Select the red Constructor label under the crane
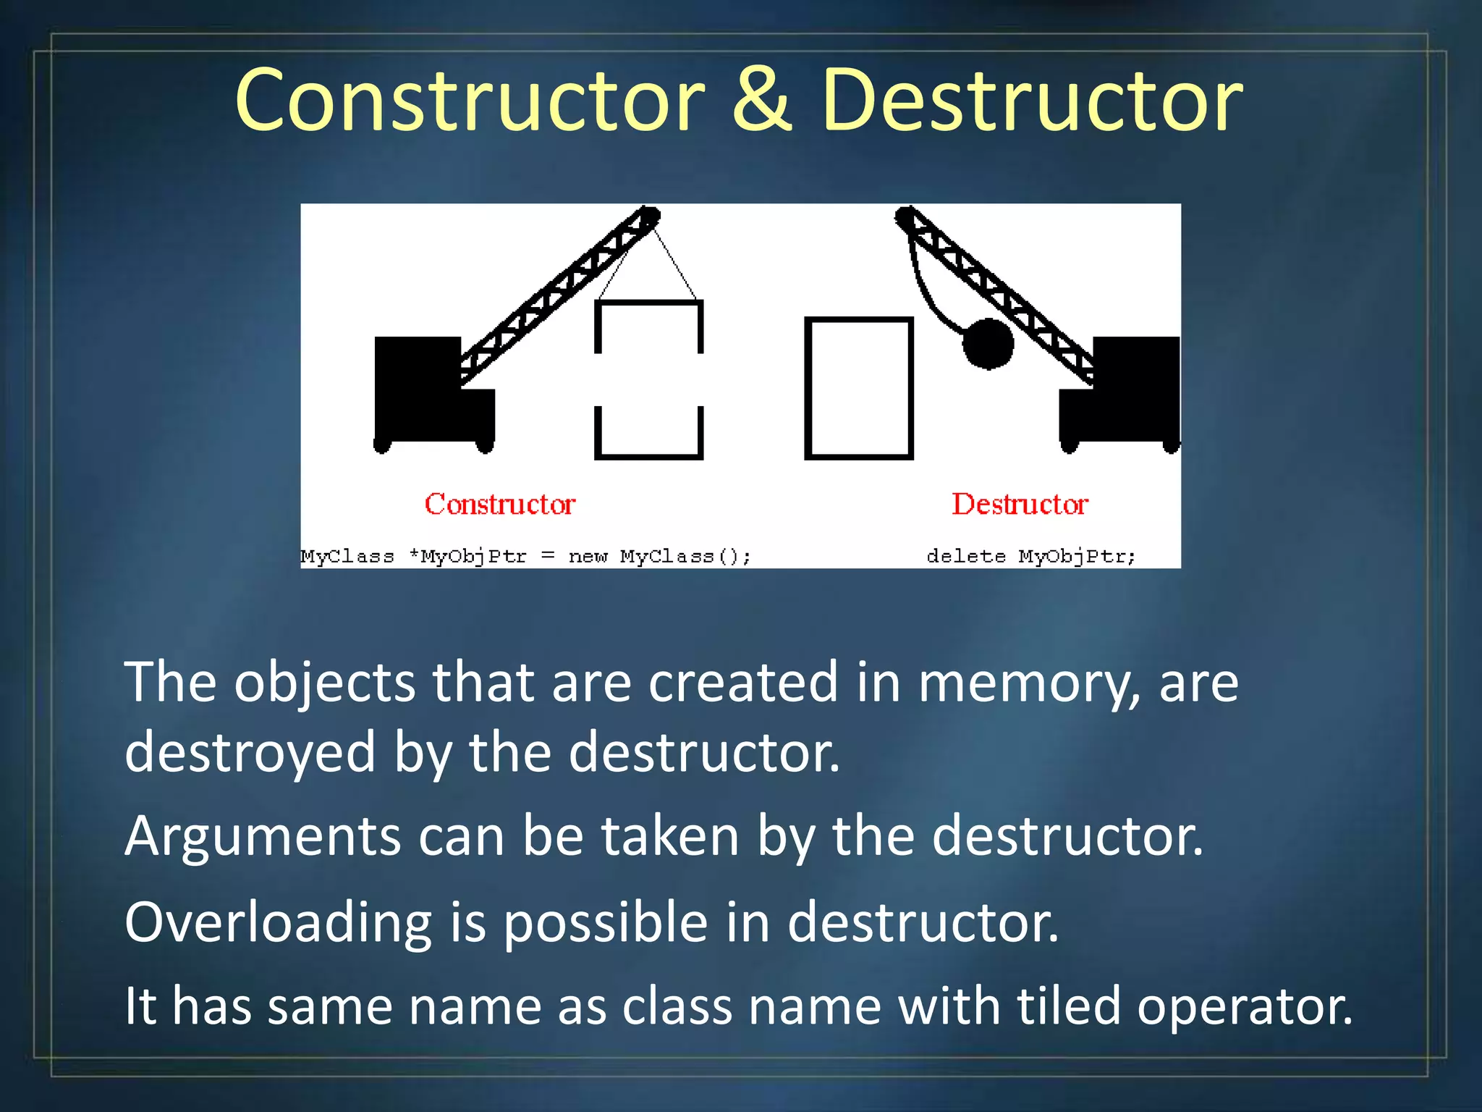click(500, 504)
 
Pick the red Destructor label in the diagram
click(1020, 504)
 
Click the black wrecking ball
click(988, 344)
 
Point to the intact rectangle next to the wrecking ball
click(859, 388)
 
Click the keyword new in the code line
click(588, 556)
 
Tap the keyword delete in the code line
click(966, 556)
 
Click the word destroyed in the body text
click(250, 753)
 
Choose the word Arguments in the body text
click(263, 837)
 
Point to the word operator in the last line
click(1245, 1007)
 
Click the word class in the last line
click(677, 1006)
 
